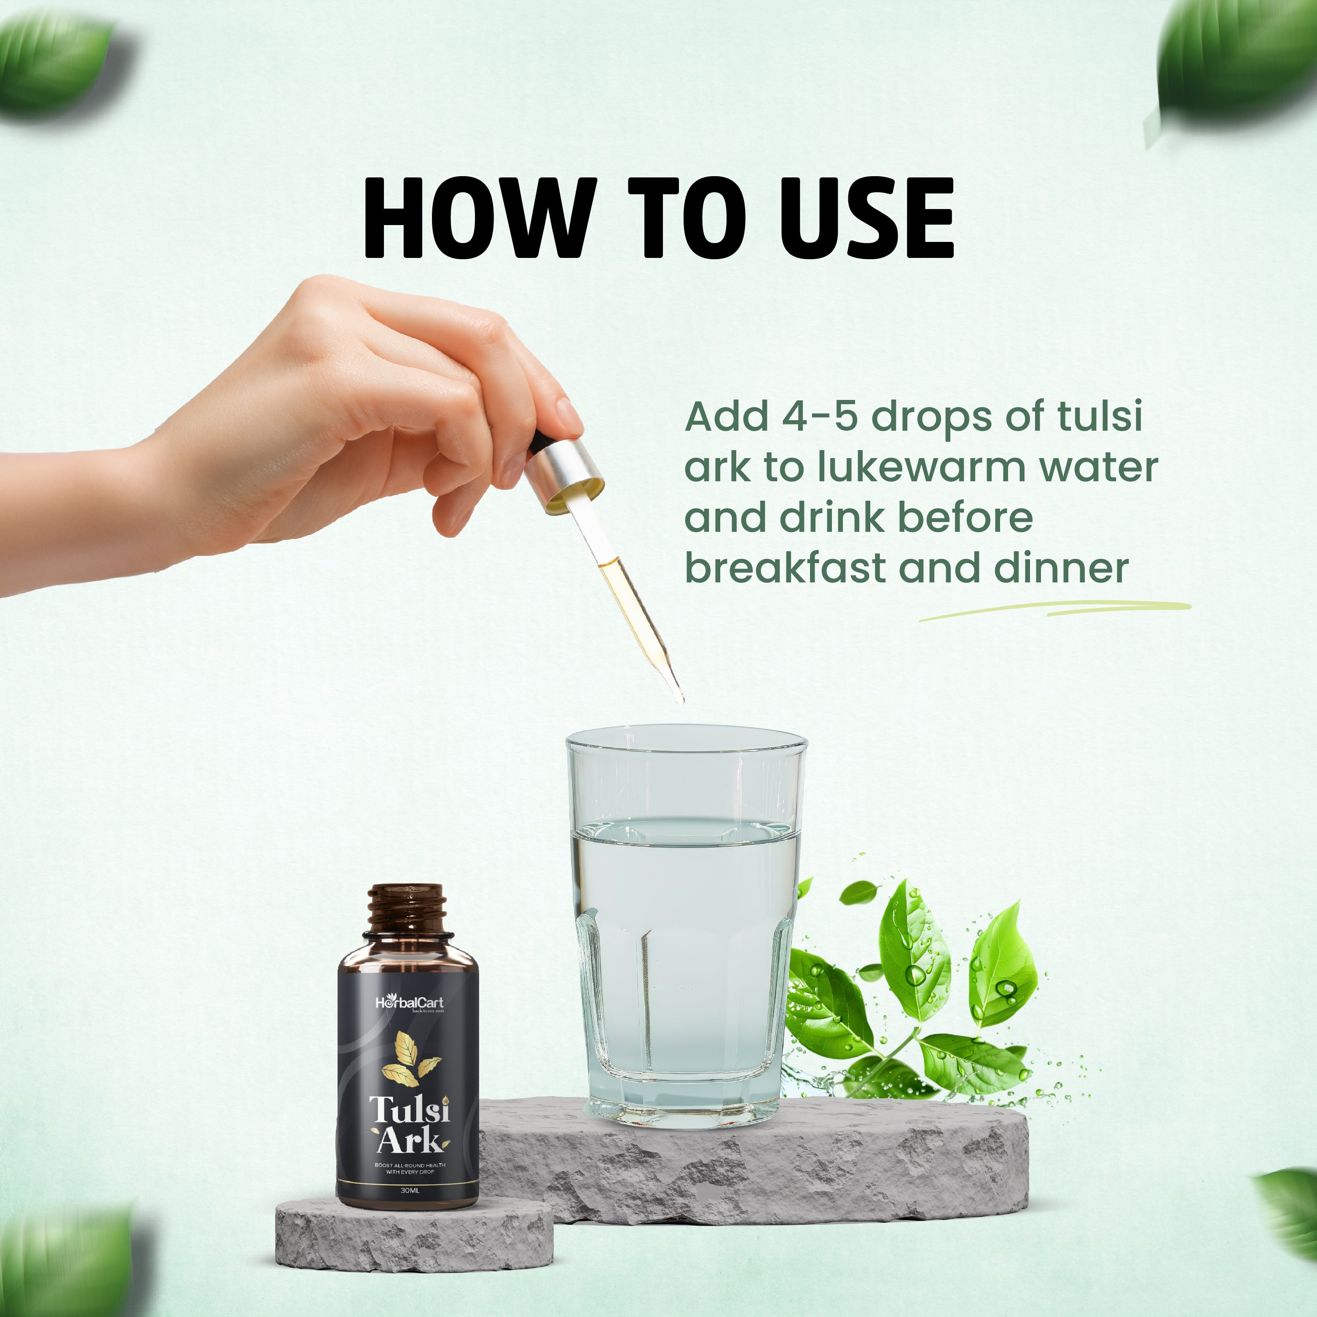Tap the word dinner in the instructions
point(1061,568)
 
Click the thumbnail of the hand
point(568,414)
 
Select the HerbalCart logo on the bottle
point(409,1002)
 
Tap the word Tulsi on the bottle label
point(409,1110)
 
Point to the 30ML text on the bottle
point(409,1190)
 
